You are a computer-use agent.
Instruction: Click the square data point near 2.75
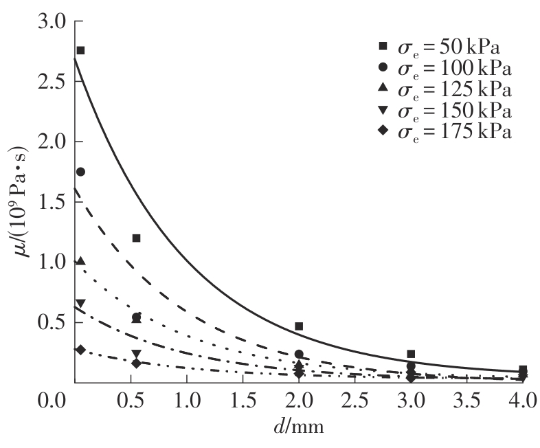tap(80, 50)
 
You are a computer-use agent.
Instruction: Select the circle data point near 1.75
tap(80, 172)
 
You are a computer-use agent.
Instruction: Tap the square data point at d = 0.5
tap(136, 238)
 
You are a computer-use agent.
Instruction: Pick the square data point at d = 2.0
tap(299, 326)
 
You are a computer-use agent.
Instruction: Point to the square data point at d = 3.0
tap(411, 354)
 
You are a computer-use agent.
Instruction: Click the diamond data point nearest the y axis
tap(80, 350)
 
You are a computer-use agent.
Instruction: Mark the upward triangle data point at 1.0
tap(80, 261)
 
